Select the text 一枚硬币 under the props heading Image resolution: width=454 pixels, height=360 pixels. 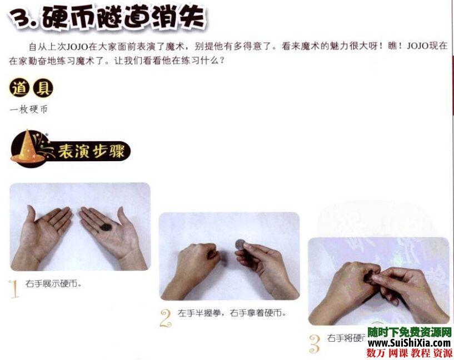pyautogui.click(x=28, y=109)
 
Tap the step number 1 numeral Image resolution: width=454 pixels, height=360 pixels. pyautogui.click(x=14, y=289)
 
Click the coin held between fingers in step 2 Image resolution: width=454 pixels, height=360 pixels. pyautogui.click(x=241, y=244)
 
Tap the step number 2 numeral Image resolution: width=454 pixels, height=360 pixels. pyautogui.click(x=165, y=318)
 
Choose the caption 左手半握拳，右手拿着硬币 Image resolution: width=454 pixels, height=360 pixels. pyautogui.click(x=232, y=313)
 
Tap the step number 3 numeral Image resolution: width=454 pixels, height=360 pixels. pyautogui.click(x=315, y=343)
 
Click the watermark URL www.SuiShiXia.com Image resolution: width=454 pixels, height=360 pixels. pyautogui.click(x=409, y=343)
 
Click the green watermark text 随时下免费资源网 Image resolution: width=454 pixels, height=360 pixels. pyautogui.click(x=409, y=332)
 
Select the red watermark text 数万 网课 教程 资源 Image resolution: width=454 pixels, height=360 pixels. pyautogui.click(x=409, y=353)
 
